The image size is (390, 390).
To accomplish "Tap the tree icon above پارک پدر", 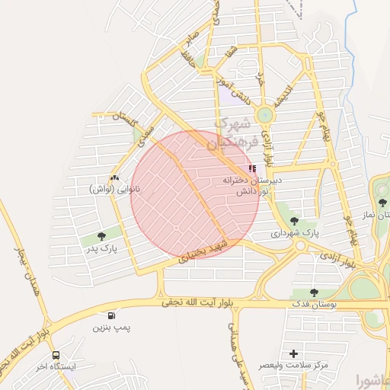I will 102,236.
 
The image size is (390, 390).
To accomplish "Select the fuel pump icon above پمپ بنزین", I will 112,315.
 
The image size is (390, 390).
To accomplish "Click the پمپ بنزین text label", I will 107,328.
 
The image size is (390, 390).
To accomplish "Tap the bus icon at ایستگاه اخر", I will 56,355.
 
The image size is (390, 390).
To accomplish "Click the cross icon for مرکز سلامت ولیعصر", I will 293,353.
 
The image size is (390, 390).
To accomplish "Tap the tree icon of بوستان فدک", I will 314,292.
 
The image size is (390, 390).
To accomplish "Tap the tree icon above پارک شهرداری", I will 294,221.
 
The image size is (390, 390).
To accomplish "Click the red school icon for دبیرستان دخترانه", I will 252,168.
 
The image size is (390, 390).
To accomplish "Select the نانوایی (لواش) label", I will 113,188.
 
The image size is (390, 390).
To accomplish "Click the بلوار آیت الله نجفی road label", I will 200,303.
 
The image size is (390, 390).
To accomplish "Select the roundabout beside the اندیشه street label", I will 264,116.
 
